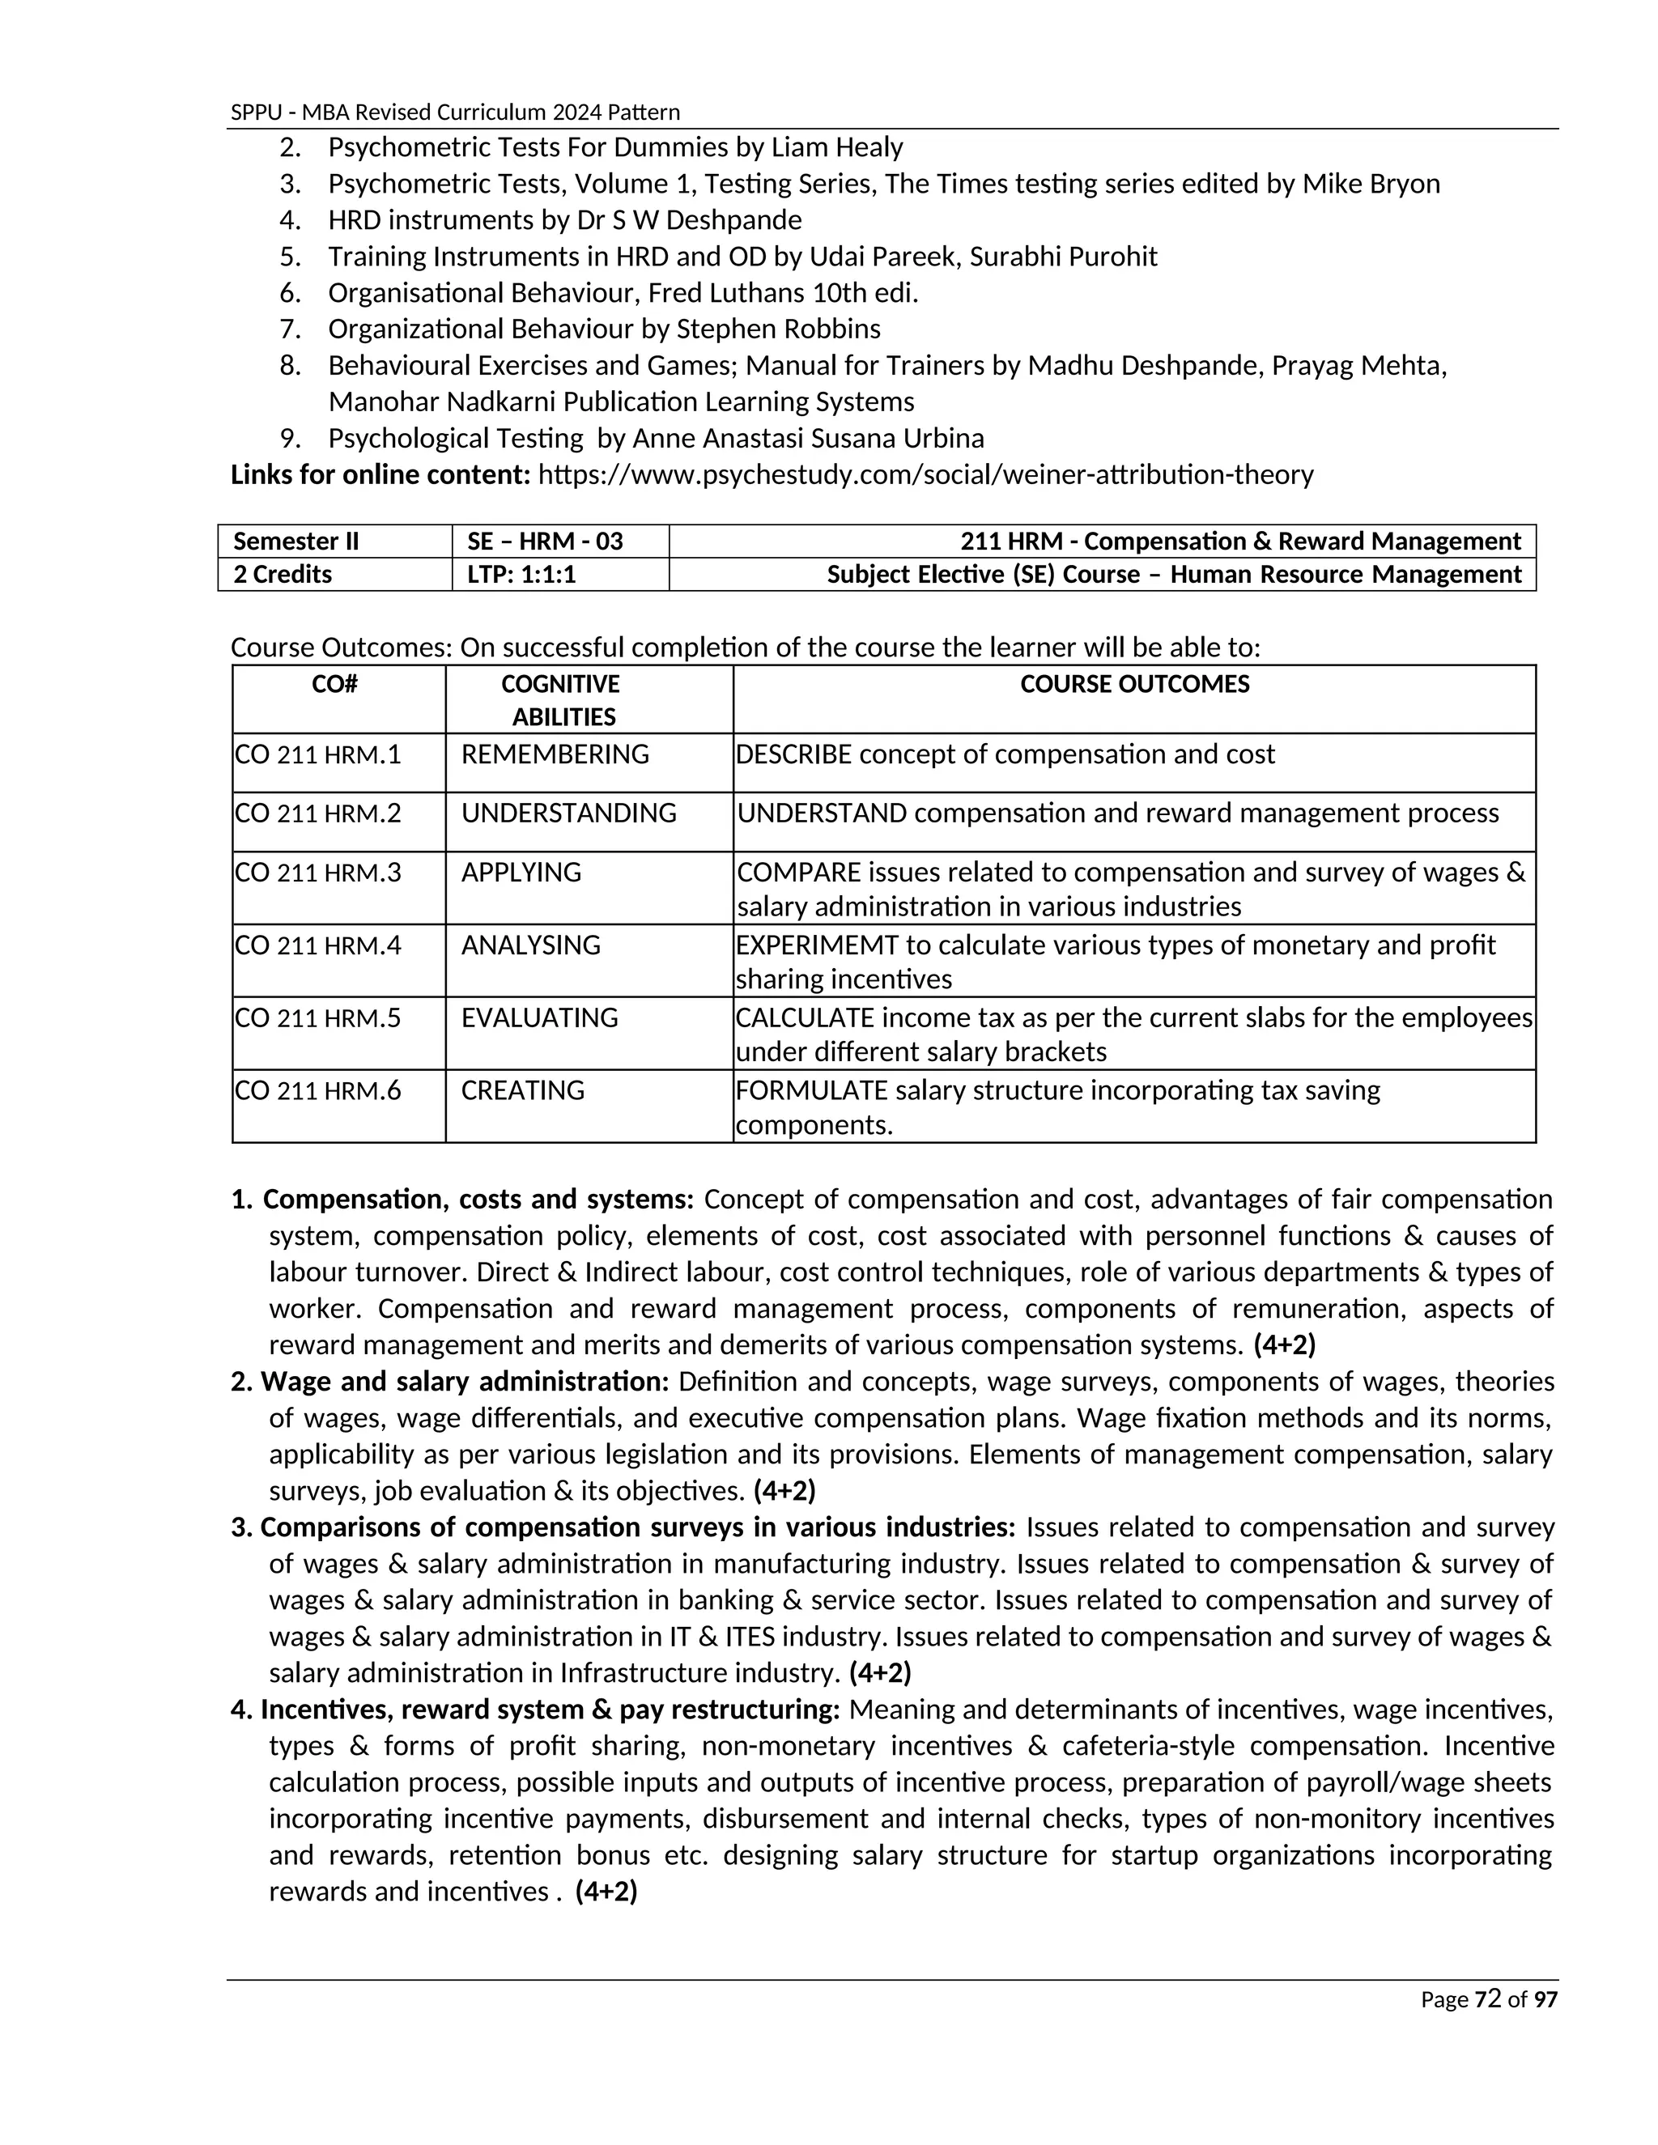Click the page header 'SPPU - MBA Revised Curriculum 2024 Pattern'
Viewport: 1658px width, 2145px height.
[455, 112]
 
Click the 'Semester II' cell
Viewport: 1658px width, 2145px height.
[295, 542]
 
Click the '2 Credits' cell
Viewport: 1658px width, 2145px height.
[283, 575]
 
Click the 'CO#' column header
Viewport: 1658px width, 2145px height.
[334, 685]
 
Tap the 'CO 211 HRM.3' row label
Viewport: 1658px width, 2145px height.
[317, 872]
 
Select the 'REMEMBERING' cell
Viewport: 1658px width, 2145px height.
[555, 754]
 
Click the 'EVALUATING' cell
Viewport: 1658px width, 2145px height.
[539, 1017]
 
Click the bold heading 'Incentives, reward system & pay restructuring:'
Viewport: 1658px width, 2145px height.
[550, 1709]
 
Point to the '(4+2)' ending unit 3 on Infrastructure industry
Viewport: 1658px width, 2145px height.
[880, 1672]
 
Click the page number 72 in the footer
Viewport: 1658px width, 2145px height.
[1488, 1998]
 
